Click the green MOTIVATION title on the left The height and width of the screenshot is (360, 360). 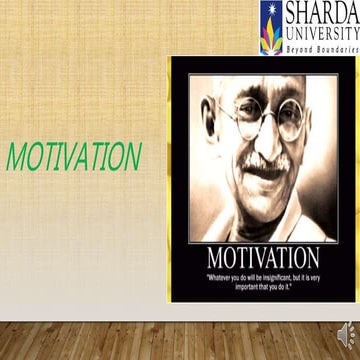[74, 156]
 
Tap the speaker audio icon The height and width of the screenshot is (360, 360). [345, 332]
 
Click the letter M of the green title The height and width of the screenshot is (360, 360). [18, 156]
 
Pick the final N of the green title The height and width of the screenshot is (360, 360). [130, 156]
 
